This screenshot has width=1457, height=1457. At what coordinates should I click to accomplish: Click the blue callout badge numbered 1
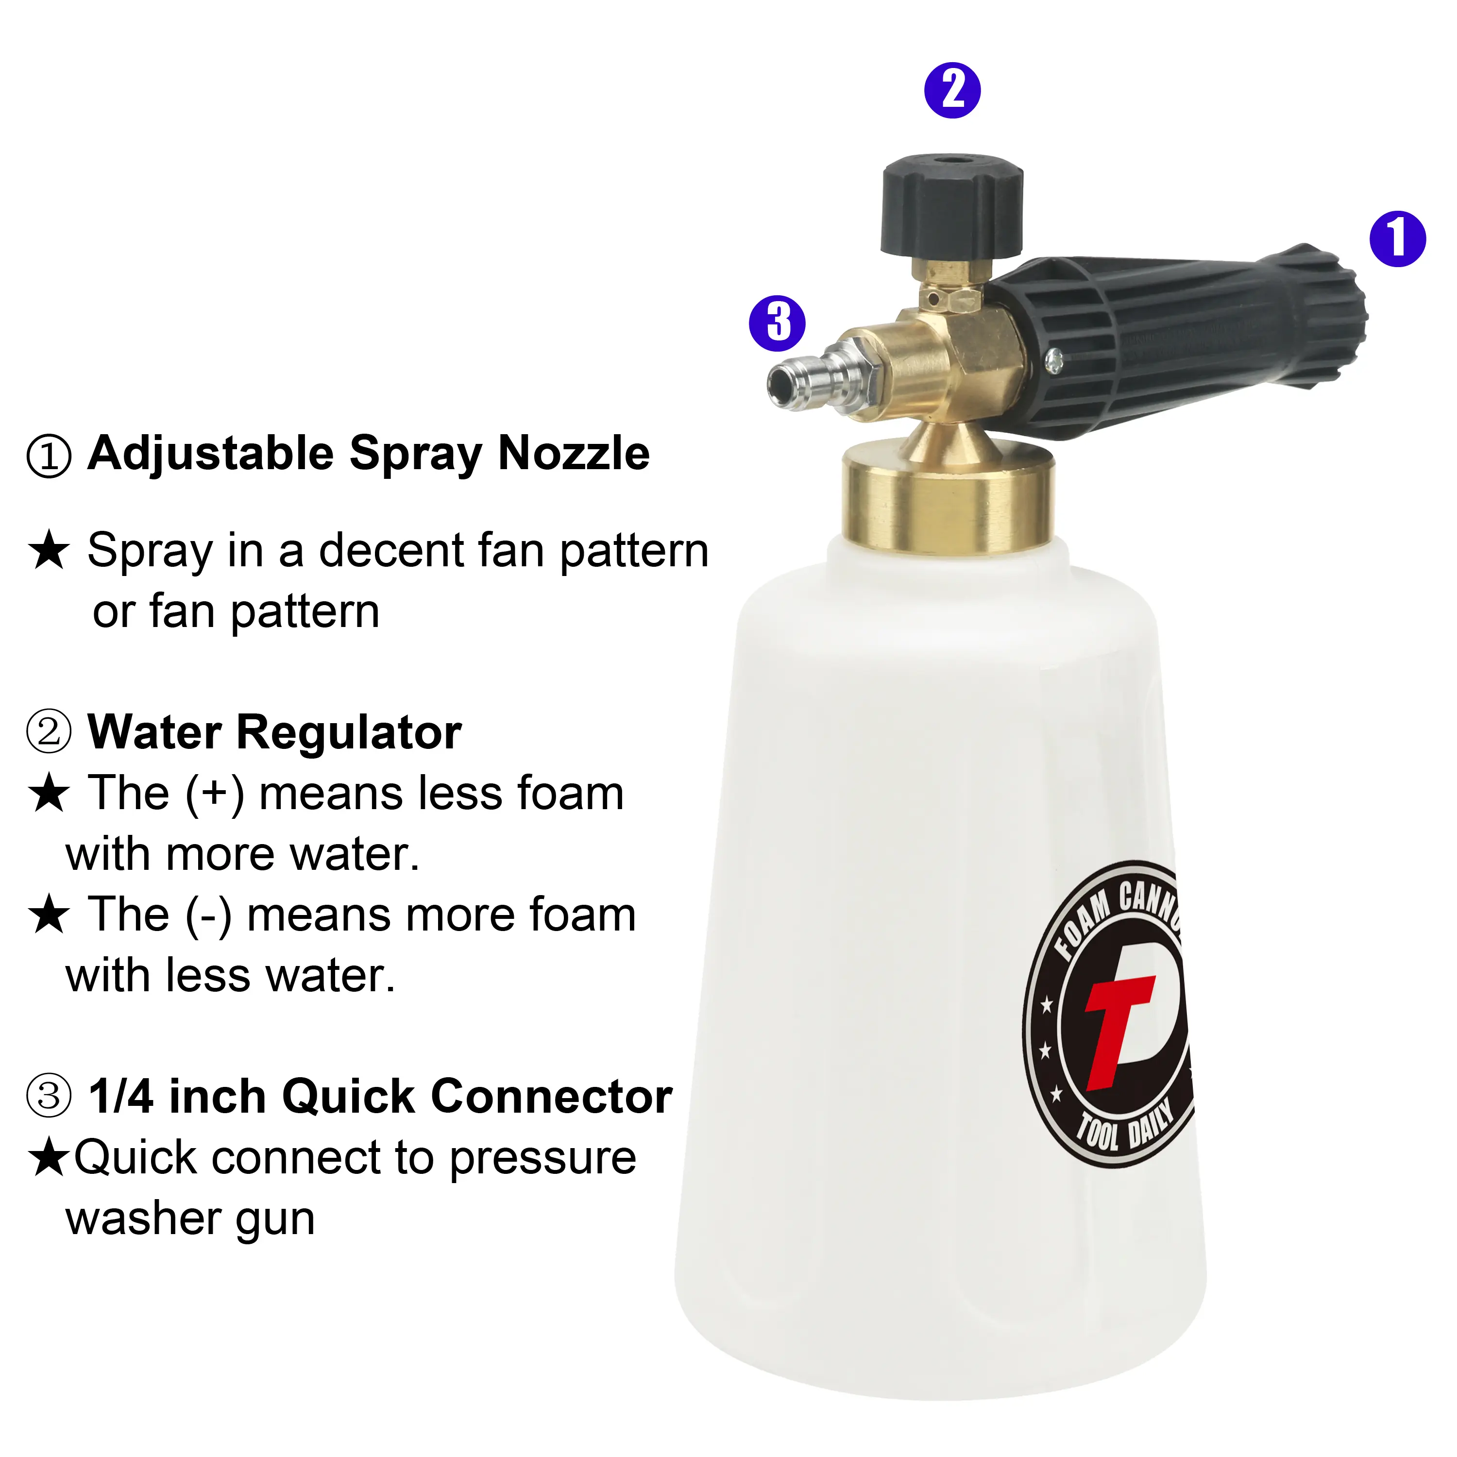1397,239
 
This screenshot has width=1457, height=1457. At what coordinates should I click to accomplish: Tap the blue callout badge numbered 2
952,90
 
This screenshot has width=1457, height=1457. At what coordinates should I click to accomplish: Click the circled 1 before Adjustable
49,456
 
